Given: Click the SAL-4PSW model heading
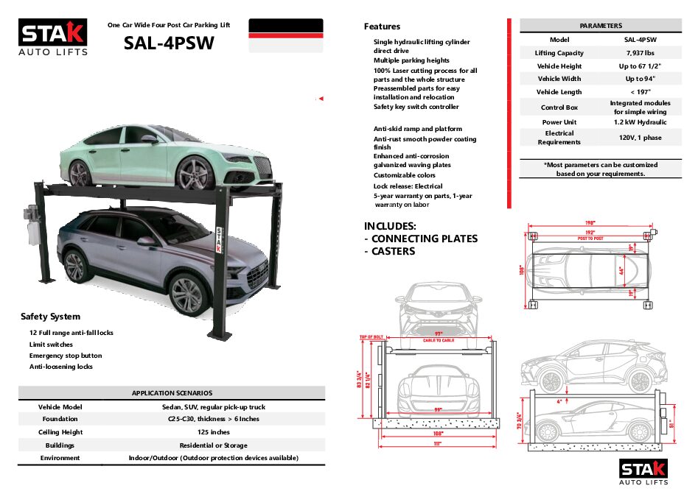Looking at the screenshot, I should click(169, 43).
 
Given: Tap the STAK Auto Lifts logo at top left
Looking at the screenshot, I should click(53, 37).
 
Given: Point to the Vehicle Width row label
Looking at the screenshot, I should click(559, 79).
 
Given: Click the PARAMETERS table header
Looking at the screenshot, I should click(601, 26).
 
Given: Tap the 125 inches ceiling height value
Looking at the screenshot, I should click(214, 432).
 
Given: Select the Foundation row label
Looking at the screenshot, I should click(60, 419).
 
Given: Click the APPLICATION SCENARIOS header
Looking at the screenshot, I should click(172, 393).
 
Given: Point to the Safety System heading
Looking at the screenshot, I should click(50, 317).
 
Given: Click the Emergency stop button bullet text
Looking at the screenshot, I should click(66, 356).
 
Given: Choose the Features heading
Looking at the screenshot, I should click(383, 27).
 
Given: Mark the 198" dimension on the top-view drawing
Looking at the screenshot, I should click(590, 222).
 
